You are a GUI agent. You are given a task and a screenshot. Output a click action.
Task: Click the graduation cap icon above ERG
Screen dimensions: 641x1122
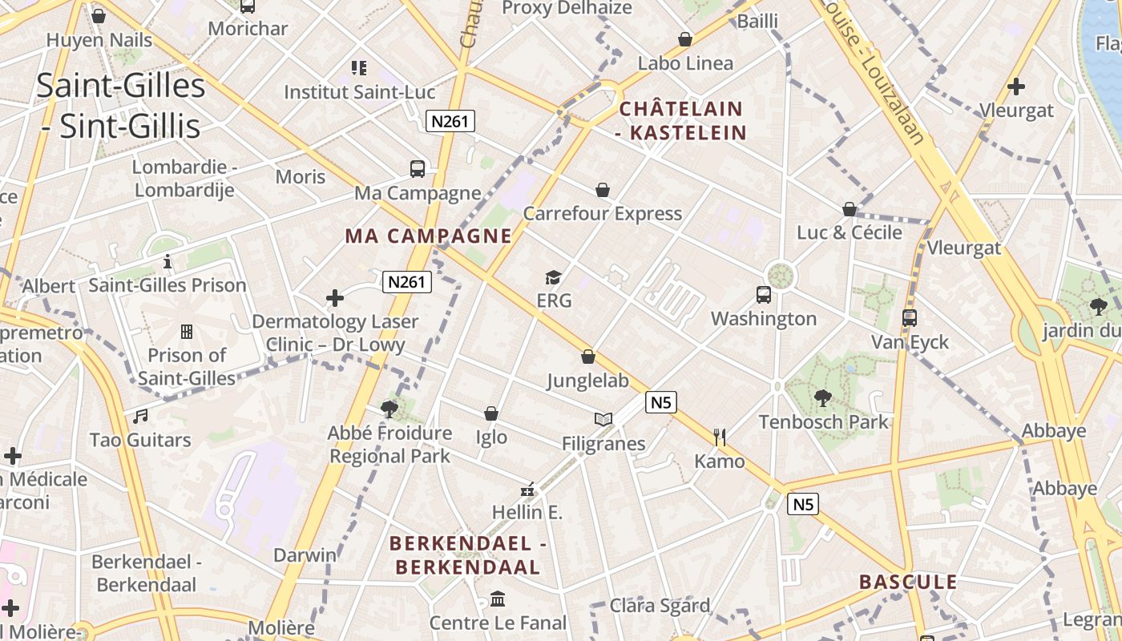[x=553, y=278]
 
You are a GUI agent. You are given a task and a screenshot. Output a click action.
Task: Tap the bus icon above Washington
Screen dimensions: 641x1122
[x=763, y=295]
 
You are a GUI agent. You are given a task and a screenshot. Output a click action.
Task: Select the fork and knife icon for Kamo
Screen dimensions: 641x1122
[x=720, y=437]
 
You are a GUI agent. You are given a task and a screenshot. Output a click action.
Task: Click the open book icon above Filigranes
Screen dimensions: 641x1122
[x=603, y=419]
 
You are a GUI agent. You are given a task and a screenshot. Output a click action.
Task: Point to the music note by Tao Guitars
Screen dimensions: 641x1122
[x=140, y=416]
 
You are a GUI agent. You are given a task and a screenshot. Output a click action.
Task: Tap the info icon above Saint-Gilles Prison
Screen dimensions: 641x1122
[x=167, y=261]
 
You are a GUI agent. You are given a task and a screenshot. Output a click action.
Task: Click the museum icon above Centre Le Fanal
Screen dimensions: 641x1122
[x=498, y=599]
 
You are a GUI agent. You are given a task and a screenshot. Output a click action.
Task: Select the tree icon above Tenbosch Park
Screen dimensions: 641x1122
[x=823, y=397]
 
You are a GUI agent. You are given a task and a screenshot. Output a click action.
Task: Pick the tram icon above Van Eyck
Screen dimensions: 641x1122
[x=909, y=318]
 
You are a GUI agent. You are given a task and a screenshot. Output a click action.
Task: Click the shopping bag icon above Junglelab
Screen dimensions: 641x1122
[x=588, y=357]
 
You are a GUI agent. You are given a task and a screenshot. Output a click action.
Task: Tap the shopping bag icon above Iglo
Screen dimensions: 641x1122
[x=491, y=413]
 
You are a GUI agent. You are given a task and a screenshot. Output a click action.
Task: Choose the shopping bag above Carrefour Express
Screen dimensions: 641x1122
[x=603, y=190]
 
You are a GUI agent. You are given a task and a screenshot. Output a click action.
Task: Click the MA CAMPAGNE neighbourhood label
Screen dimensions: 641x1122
[x=428, y=236]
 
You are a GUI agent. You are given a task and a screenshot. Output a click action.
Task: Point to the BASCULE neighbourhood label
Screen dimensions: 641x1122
[x=908, y=582]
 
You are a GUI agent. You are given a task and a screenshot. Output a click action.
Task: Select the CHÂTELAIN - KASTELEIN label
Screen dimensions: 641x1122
[x=681, y=120]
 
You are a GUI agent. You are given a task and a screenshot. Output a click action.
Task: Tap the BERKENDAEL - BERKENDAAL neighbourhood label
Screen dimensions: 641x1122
[x=468, y=555]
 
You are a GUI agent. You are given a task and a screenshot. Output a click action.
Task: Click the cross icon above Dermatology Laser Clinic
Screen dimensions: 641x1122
[x=335, y=299]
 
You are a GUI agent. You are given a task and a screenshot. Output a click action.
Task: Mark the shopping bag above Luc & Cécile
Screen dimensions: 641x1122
[x=850, y=209]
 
